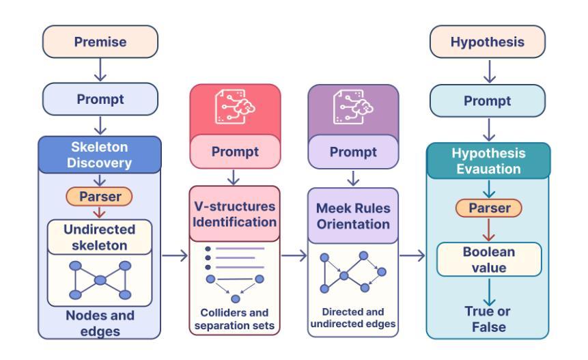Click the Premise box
100,42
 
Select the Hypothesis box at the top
488,42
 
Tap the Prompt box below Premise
100,99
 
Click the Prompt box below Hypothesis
488,100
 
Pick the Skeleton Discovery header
100,154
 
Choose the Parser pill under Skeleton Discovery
100,197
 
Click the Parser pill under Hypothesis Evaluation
488,208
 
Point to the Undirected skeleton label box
100,237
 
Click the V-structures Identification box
235,214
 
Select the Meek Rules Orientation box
353,216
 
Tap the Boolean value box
489,260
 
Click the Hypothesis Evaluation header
488,161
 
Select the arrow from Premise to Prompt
100,70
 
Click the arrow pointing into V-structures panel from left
175,255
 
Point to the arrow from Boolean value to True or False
489,292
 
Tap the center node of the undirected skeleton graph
100,280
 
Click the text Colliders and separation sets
234,319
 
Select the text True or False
488,319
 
